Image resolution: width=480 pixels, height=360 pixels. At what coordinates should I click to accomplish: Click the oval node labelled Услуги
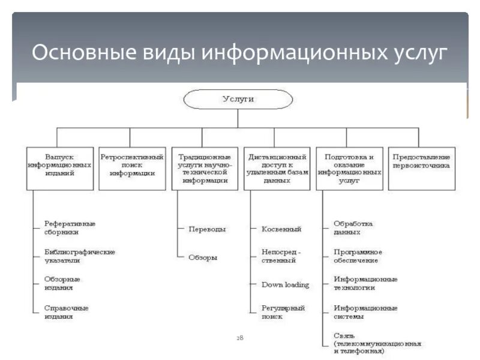tap(238, 99)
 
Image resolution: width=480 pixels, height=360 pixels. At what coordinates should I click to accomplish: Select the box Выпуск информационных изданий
tap(59, 169)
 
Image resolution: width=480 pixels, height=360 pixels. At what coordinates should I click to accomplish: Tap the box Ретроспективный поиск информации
tap(132, 169)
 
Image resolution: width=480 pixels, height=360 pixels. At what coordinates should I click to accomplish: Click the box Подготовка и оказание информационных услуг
tap(349, 169)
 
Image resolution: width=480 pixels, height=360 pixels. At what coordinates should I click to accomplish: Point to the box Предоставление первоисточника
tap(421, 169)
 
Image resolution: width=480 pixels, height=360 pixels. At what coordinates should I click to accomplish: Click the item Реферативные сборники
tap(70, 227)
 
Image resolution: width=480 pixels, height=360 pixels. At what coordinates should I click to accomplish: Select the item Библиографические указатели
tap(79, 256)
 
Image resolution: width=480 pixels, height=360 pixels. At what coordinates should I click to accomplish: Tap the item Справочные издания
tap(66, 312)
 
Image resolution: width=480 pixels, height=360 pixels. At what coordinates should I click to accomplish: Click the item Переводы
tap(207, 229)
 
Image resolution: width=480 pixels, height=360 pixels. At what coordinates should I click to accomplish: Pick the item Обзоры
tap(203, 257)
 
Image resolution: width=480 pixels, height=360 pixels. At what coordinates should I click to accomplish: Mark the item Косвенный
tap(281, 229)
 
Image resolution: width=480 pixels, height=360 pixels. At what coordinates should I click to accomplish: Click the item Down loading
tap(285, 284)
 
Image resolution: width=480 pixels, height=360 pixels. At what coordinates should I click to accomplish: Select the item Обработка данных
tap(353, 227)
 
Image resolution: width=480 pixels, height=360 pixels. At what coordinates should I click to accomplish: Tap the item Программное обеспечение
tap(358, 256)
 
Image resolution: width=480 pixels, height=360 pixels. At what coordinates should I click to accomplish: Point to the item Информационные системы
tap(365, 312)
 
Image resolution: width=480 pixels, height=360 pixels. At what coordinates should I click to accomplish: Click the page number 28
tap(239, 338)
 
